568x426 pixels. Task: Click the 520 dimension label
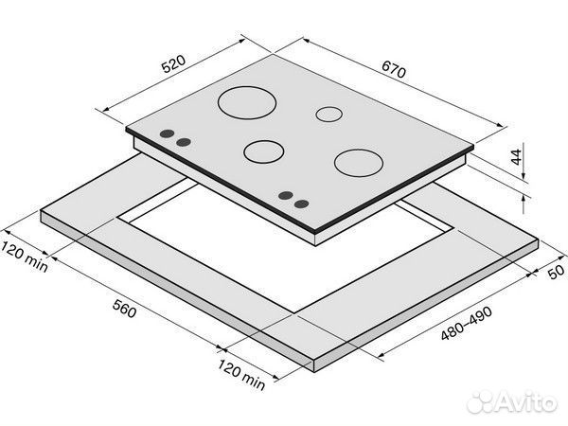173,63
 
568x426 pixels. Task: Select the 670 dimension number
394,69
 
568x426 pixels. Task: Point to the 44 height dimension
517,156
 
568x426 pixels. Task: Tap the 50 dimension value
556,272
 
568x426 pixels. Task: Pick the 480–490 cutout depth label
467,323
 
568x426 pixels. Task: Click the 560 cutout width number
125,309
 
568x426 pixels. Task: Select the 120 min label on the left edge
24,257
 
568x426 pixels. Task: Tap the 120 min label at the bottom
241,375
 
